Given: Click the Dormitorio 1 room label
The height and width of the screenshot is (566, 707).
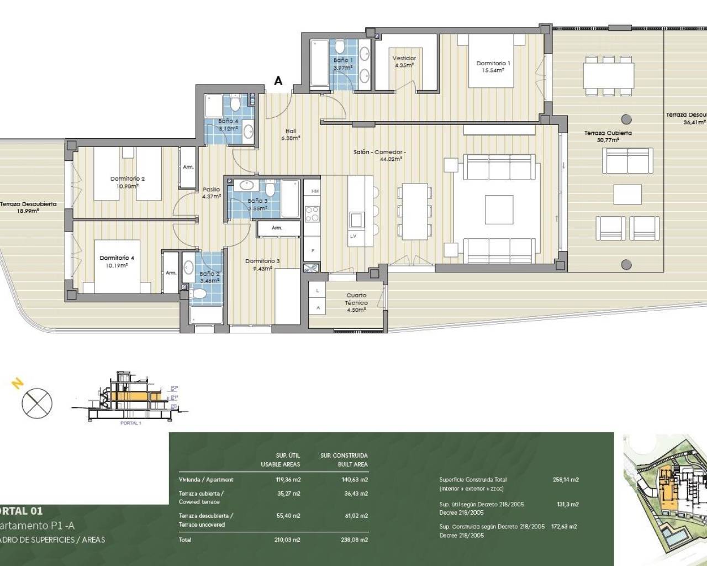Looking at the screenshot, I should point(493,66).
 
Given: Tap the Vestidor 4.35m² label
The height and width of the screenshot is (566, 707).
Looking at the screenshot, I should point(404,61).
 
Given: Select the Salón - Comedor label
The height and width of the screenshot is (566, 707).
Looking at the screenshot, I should point(380,155).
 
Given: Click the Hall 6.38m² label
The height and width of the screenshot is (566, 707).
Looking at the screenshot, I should point(291,134).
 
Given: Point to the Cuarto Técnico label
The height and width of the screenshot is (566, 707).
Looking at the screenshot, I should point(356,302).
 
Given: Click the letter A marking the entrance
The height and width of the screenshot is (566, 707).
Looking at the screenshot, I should point(278,81).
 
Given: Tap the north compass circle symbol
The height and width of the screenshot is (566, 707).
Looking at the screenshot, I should point(36,402).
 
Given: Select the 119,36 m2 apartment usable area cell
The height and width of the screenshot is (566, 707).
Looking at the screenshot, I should point(288,480).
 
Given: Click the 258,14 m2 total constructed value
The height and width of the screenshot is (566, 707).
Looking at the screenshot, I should point(566,480).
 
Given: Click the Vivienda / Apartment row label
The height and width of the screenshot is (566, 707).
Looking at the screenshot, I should point(206,480).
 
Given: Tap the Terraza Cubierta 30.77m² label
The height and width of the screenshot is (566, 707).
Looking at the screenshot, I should point(608,136).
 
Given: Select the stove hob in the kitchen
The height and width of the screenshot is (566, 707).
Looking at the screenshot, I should point(312,213).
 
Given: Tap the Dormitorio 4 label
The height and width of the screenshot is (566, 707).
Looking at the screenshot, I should point(117,261).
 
